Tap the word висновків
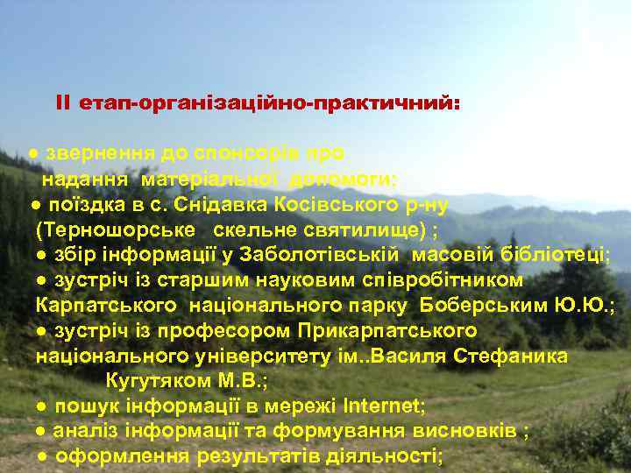click(x=471, y=432)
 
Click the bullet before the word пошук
click(x=42, y=407)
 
